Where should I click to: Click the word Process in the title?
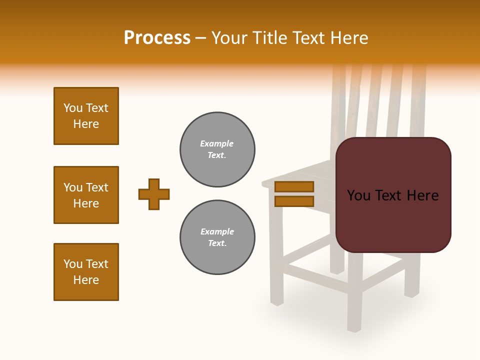pyautogui.click(x=157, y=37)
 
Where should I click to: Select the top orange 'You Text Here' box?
pyautogui.click(x=86, y=116)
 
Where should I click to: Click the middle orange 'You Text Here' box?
pyautogui.click(x=86, y=195)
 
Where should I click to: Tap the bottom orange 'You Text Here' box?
pyautogui.click(x=86, y=272)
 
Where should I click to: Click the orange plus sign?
pyautogui.click(x=154, y=194)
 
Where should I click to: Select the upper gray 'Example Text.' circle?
pyautogui.click(x=217, y=149)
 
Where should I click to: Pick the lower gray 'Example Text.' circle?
pyautogui.click(x=217, y=237)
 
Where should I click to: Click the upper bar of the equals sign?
pyautogui.click(x=294, y=186)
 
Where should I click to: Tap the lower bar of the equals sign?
pyautogui.click(x=294, y=201)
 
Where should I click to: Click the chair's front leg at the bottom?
pyautogui.click(x=354, y=310)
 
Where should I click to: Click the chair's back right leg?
pyautogui.click(x=411, y=280)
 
